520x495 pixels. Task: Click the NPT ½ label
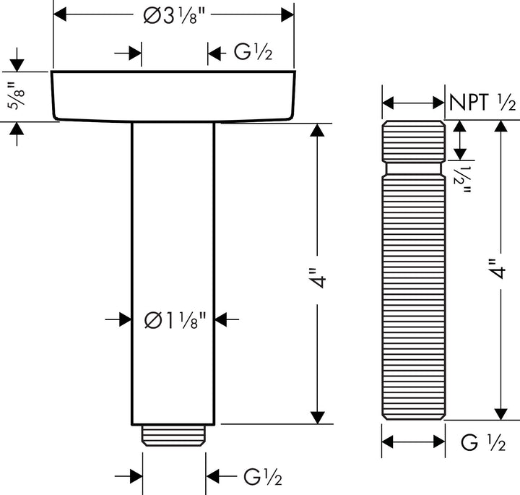tap(482, 103)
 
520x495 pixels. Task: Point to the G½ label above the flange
tap(253, 53)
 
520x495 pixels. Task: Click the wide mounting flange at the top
tap(173, 95)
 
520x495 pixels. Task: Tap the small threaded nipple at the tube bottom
tap(173, 434)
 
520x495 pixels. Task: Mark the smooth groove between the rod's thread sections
tap(413, 168)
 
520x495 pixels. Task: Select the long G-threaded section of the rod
tap(413, 296)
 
